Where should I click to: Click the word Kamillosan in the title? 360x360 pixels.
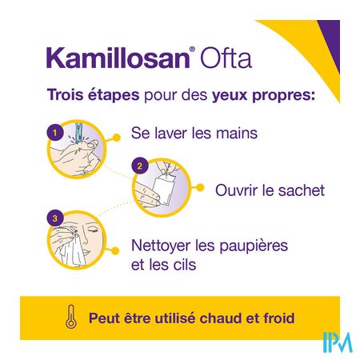118,58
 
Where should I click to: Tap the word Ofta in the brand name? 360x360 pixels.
226,58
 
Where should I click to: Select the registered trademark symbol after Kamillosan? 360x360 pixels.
192,50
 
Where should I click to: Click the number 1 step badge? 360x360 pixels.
55,133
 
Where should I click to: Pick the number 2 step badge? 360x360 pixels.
140,166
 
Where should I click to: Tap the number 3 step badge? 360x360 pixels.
55,218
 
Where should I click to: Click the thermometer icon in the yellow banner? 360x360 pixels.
71,317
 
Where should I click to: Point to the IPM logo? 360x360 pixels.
338,342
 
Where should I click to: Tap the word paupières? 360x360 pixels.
254,246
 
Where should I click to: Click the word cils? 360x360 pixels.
185,265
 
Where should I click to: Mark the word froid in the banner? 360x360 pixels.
279,318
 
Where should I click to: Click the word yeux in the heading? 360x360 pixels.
230,96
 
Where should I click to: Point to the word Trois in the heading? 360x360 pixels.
65,94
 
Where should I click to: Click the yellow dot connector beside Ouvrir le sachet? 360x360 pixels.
201,188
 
